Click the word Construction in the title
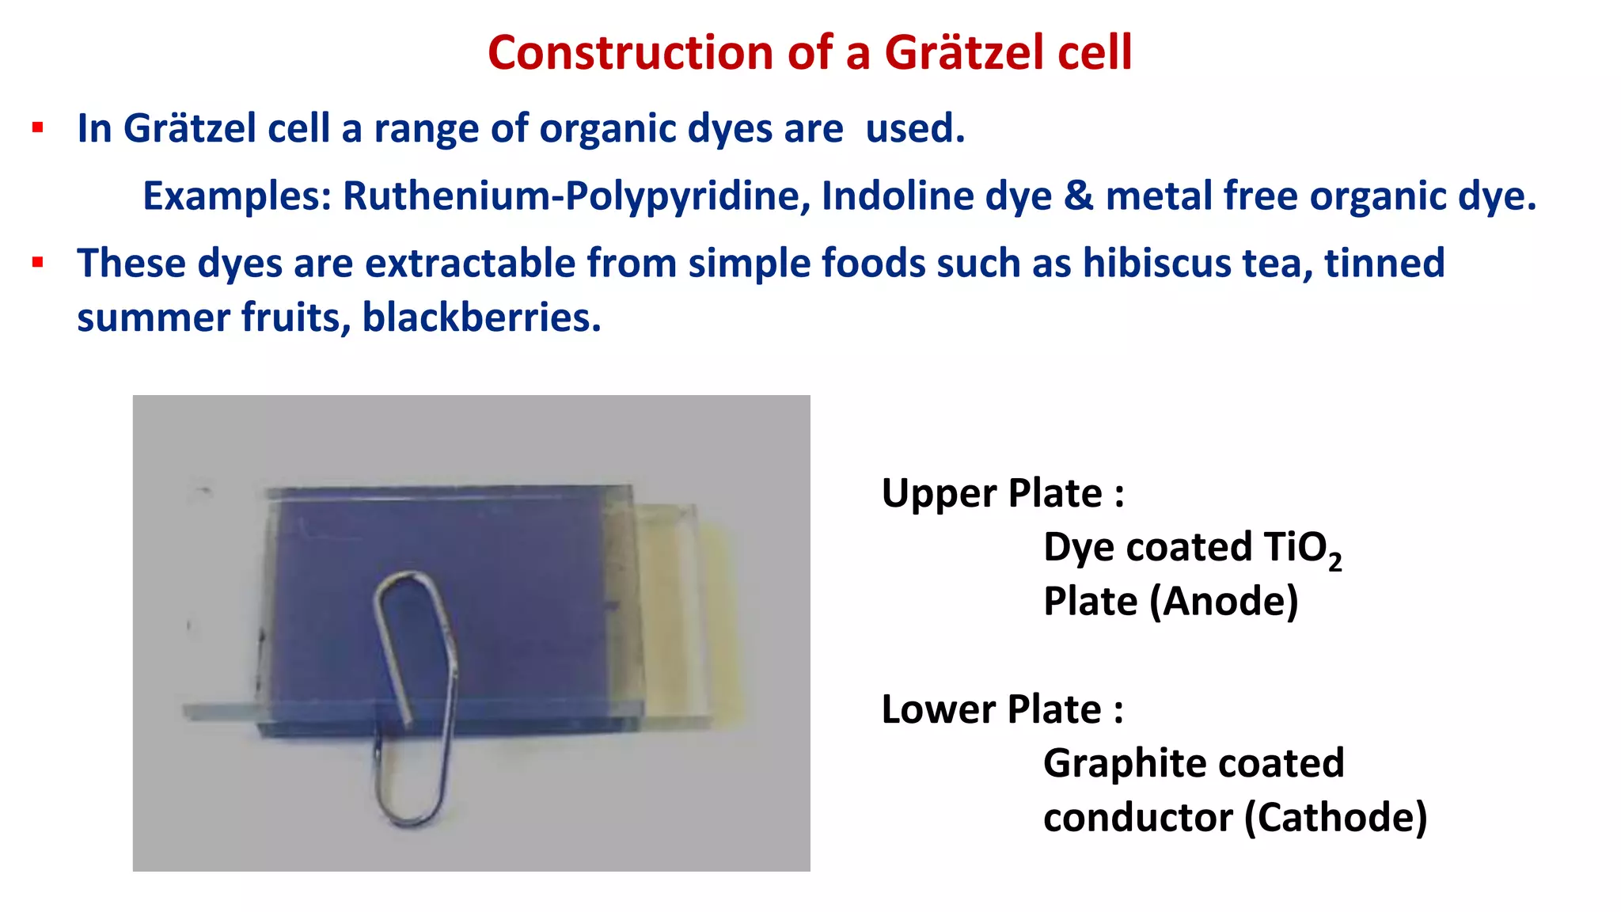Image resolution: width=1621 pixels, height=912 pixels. (630, 53)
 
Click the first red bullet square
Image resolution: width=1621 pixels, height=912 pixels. (37, 127)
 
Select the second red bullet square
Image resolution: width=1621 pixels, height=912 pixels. (37, 262)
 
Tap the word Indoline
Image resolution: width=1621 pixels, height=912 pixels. (898, 196)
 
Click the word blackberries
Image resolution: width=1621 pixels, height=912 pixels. (481, 317)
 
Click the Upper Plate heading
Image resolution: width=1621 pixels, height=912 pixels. (1002, 493)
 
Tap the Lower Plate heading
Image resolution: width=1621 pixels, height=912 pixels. (1002, 709)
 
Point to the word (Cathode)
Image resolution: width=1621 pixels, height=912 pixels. (1335, 817)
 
